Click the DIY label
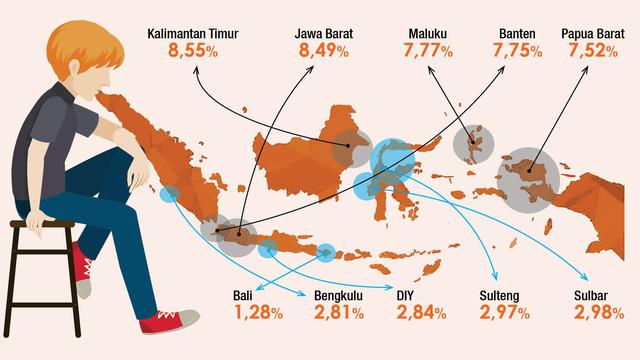(405, 296)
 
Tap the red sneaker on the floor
(166, 323)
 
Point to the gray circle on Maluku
(473, 143)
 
